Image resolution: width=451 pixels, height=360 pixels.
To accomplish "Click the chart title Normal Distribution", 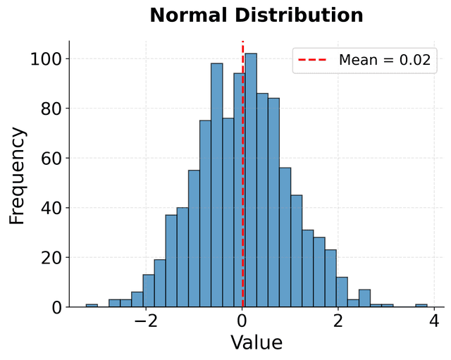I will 257,15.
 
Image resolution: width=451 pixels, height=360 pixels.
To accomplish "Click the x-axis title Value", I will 257,342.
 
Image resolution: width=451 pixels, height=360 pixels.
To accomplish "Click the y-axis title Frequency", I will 18,175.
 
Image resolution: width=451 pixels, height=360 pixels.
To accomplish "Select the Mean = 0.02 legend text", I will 384,60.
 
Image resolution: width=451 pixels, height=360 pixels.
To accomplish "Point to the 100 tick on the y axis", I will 47,59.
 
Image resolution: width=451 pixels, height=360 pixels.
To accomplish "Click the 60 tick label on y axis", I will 51,159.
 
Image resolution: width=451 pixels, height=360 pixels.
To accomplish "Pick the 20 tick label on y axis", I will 51,258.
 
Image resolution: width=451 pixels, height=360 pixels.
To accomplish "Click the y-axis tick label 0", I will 56,307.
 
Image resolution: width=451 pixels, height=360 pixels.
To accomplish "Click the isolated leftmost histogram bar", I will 92,306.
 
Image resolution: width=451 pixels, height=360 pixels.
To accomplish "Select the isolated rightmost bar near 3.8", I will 421,306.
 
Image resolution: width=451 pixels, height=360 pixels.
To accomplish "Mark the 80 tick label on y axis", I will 51,108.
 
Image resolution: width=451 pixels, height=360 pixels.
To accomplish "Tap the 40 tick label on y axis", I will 51,208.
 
